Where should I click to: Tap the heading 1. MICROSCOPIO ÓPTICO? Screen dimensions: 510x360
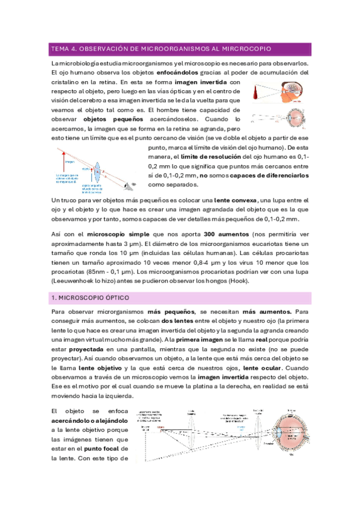(90, 298)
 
